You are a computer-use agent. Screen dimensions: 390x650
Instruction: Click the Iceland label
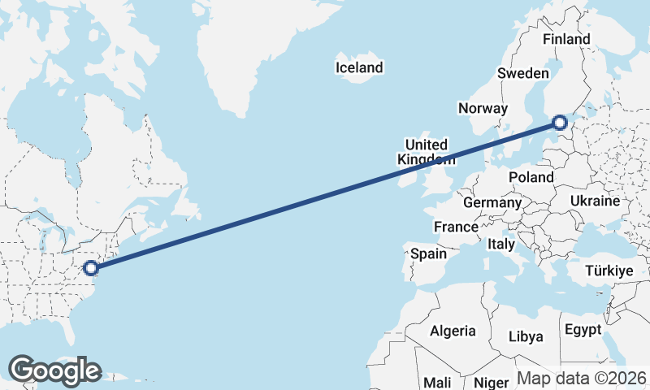[x=358, y=67]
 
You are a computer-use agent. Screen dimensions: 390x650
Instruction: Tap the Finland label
[x=566, y=39]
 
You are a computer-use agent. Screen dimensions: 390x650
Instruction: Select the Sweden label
[x=522, y=73]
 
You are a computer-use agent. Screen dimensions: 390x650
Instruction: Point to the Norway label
[x=483, y=108]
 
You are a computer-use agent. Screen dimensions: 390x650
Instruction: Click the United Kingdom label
[x=427, y=152]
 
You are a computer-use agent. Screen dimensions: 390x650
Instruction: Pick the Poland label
[x=531, y=177]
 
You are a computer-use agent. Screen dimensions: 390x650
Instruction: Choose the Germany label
[x=492, y=202]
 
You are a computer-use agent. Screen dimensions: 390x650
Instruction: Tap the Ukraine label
[x=595, y=201]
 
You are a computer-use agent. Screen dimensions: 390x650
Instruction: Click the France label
[x=455, y=227]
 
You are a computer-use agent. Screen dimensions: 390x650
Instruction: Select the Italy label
[x=501, y=244]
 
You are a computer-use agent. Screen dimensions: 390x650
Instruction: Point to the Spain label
[x=428, y=253]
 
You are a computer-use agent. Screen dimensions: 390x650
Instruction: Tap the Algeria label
[x=452, y=331]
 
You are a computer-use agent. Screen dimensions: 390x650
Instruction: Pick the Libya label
[x=525, y=336]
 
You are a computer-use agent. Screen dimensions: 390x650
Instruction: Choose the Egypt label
[x=583, y=330]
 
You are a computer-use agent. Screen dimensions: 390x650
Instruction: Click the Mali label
[x=437, y=382]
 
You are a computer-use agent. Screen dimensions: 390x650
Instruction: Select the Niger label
[x=491, y=382]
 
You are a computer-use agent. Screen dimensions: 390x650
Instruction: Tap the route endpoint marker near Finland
[x=559, y=123]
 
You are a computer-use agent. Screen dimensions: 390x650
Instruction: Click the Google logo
[x=54, y=370]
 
